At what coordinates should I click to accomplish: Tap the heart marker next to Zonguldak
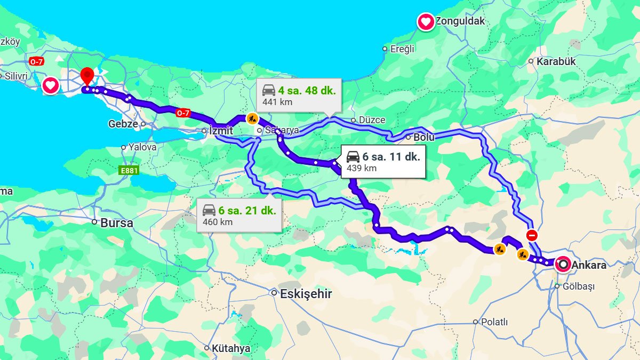[x=426, y=22]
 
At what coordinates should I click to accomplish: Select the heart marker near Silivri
[x=51, y=85]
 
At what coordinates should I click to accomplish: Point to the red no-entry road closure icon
[x=532, y=235]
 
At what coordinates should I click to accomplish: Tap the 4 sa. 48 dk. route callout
[x=299, y=95]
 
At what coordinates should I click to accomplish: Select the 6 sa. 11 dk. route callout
[x=383, y=162]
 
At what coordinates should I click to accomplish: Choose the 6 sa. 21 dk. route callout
[x=239, y=215]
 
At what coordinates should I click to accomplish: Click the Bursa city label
[x=116, y=223]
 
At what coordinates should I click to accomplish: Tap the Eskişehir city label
[x=306, y=294]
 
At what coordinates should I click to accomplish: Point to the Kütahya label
[x=230, y=349]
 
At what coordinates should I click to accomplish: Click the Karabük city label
[x=556, y=61]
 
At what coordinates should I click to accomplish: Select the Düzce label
[x=372, y=120]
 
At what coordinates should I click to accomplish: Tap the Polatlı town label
[x=494, y=322]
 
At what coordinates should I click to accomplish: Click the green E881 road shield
[x=129, y=171]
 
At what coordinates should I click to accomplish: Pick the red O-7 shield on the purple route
[x=183, y=113]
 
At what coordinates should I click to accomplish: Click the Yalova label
[x=142, y=147]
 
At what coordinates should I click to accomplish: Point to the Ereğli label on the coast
[x=402, y=49]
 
